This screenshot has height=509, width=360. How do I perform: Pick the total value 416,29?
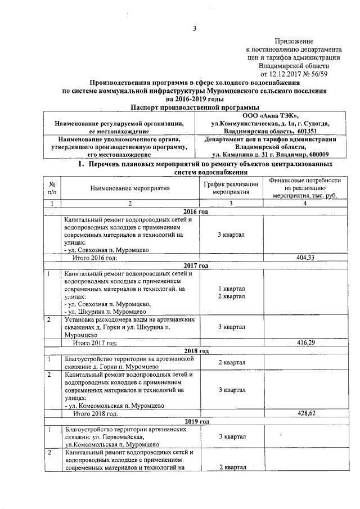tap(304, 341)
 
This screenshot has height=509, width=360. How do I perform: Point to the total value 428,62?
tap(304, 413)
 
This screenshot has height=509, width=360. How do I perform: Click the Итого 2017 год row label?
tap(93, 341)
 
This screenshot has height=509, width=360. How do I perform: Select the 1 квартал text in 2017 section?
tap(231, 289)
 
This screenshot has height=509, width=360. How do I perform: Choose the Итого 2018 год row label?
tap(93, 413)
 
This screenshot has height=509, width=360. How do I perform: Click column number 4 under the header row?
tap(304, 203)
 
